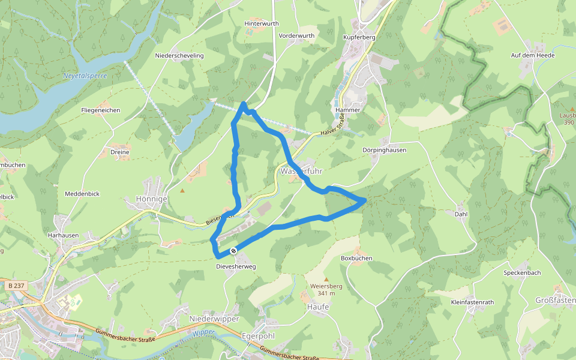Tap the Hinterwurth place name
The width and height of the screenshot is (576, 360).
click(x=262, y=23)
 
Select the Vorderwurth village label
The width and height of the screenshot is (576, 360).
click(x=296, y=36)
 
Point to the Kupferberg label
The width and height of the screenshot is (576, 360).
click(x=359, y=37)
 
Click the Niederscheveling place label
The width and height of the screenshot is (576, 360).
click(x=179, y=55)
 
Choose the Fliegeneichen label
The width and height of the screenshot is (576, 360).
click(x=101, y=110)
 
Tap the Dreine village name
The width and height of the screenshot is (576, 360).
click(x=120, y=152)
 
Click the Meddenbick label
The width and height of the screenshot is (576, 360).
click(x=82, y=194)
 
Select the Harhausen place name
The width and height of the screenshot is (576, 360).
click(x=63, y=236)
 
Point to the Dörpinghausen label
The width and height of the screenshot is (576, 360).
click(x=385, y=150)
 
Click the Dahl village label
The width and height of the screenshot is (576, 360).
click(x=461, y=214)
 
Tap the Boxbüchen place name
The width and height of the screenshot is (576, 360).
click(x=356, y=258)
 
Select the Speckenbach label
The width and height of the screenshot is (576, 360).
click(x=522, y=272)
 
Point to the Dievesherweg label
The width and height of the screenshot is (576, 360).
click(x=236, y=266)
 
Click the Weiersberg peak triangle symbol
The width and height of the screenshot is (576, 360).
click(x=326, y=279)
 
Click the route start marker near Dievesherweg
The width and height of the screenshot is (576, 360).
click(x=233, y=250)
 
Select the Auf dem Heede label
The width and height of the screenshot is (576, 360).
click(x=533, y=55)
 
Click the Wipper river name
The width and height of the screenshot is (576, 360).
click(x=203, y=332)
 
